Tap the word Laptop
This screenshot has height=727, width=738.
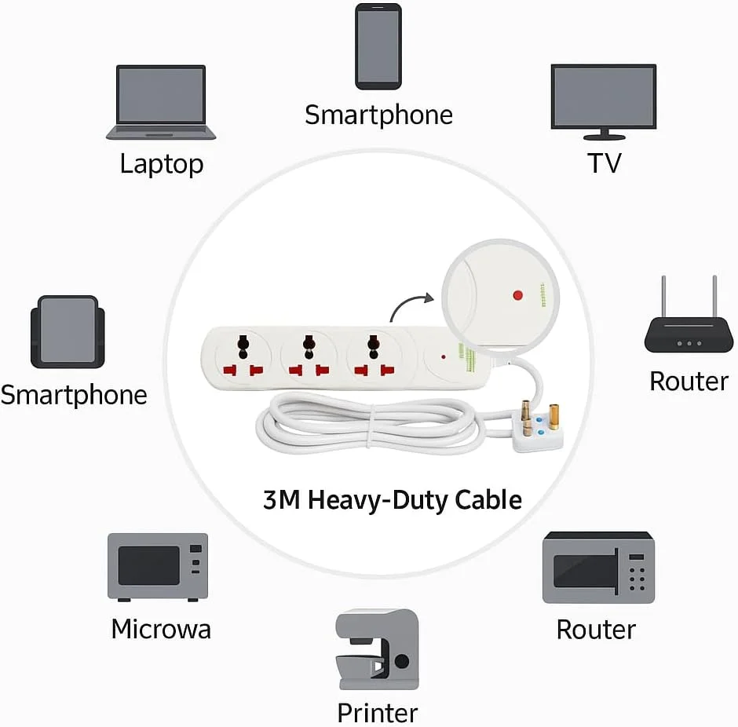pos(162,164)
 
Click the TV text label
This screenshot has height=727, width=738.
pos(604,163)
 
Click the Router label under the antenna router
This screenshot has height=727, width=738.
pos(689,382)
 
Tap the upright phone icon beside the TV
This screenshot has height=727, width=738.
pos(378,46)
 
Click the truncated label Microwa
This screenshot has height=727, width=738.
pos(161,629)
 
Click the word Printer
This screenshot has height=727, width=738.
pos(378,713)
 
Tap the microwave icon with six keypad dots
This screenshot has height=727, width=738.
pos(598,568)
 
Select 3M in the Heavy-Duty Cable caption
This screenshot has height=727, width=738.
pos(278,499)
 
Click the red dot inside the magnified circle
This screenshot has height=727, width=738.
pos(517,295)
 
